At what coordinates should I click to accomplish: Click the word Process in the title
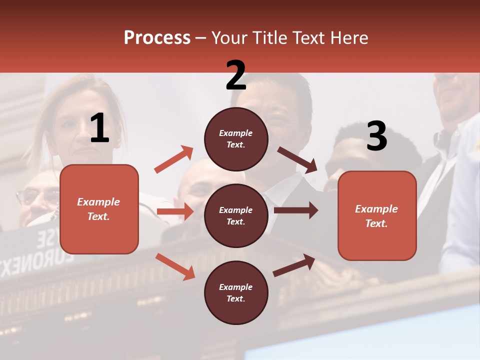(x=157, y=38)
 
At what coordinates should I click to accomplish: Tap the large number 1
(x=99, y=128)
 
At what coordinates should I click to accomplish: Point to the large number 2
(x=236, y=75)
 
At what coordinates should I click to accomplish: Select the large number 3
(x=376, y=136)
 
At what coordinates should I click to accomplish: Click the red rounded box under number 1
(x=99, y=209)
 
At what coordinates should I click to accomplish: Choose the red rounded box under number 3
(x=377, y=215)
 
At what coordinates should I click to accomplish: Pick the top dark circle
(x=236, y=139)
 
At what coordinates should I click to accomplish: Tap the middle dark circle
(x=236, y=216)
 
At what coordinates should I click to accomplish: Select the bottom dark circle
(x=236, y=293)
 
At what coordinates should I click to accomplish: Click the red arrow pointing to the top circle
(x=174, y=159)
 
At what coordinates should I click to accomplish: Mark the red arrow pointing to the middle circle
(x=175, y=211)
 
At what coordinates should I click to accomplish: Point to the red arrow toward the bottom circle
(x=175, y=266)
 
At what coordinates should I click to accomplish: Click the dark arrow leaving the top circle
(x=297, y=160)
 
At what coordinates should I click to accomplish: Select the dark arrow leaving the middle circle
(x=296, y=210)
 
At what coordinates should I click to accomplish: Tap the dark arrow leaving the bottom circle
(x=294, y=265)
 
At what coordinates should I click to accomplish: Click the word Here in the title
(x=349, y=38)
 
